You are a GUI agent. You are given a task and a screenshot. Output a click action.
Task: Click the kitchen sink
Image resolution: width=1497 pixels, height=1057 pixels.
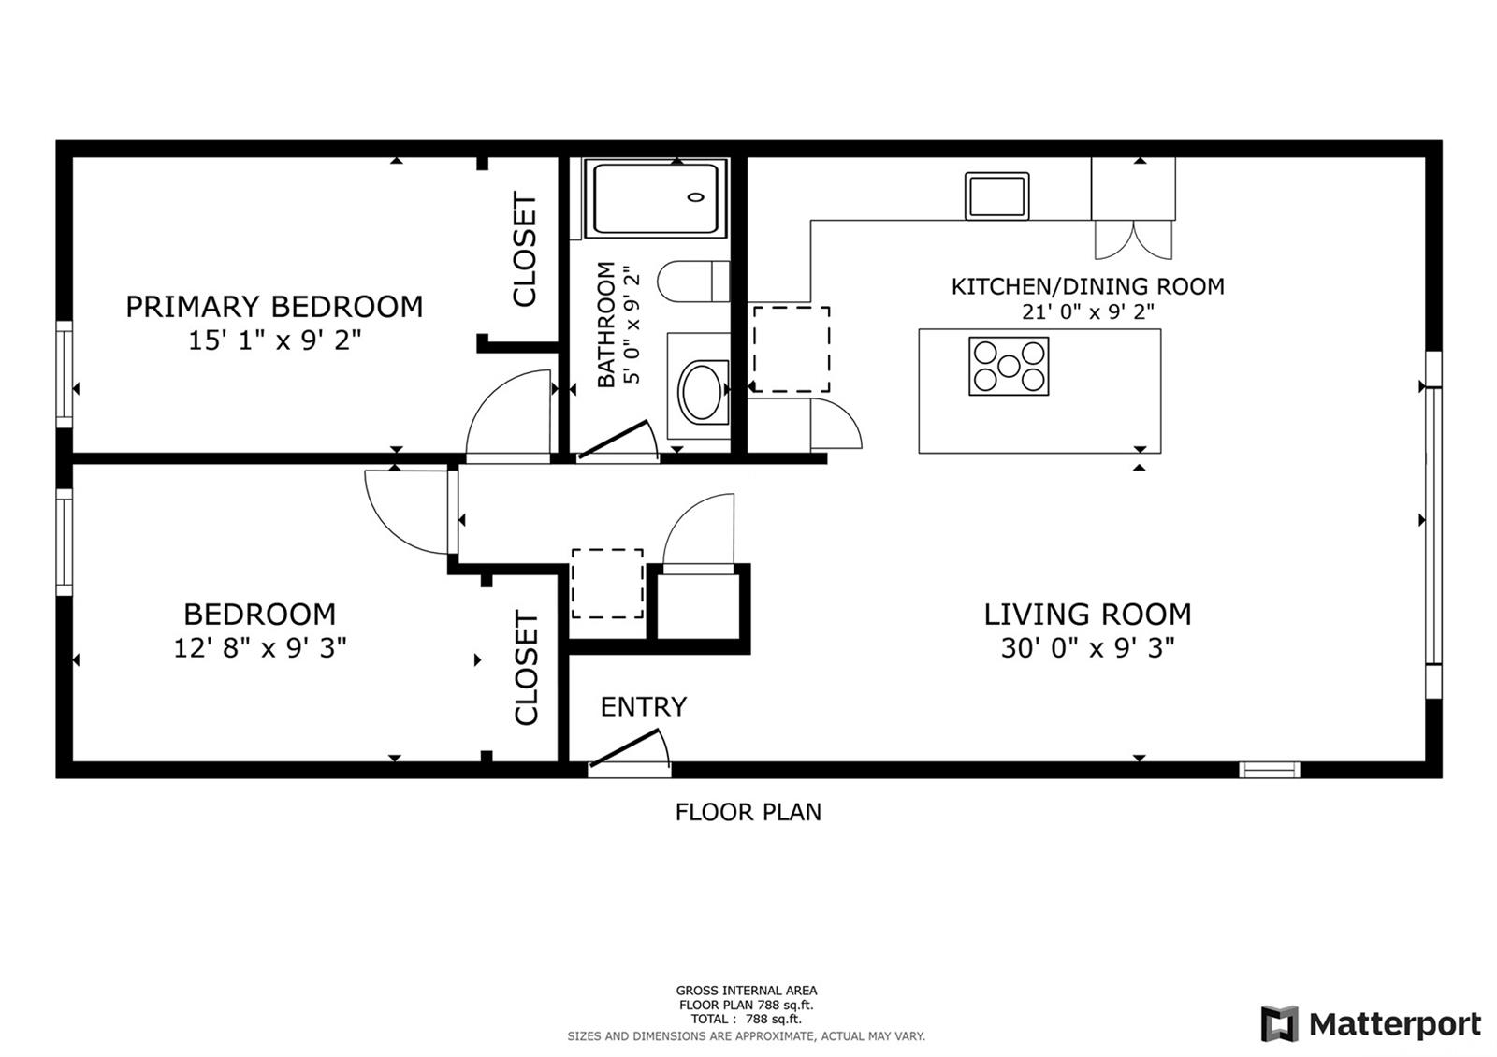click(x=996, y=195)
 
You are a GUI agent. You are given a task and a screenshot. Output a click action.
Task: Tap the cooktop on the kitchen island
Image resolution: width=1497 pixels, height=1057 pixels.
click(x=1009, y=366)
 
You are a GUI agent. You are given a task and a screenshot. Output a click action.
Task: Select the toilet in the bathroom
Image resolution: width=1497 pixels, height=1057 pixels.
click(x=693, y=282)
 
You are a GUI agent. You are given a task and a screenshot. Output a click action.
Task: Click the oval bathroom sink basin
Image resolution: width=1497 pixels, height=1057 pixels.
click(x=702, y=392)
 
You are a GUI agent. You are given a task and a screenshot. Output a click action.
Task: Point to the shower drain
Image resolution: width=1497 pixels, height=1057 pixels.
click(x=696, y=197)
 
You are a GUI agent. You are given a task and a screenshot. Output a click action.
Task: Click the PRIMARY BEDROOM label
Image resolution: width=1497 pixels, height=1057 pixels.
click(x=274, y=307)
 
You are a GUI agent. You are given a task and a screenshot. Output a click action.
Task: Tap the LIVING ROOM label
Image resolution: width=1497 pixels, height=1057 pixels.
click(x=1087, y=614)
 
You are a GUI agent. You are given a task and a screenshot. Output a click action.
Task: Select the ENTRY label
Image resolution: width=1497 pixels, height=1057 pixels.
click(x=644, y=706)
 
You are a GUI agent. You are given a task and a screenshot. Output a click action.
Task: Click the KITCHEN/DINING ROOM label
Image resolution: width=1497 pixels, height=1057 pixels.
click(x=1087, y=286)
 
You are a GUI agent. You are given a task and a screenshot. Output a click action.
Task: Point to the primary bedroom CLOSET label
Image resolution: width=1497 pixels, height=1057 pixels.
click(x=525, y=249)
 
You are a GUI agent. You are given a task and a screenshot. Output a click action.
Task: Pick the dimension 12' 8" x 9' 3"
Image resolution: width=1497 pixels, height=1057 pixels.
click(x=260, y=647)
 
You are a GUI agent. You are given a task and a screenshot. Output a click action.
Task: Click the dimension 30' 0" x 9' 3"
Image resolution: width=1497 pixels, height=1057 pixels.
click(x=1087, y=647)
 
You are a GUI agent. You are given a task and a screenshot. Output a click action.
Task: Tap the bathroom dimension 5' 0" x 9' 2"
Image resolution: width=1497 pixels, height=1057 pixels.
click(x=632, y=325)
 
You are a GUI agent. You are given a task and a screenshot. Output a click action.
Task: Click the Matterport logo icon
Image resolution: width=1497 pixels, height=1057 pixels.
click(x=1279, y=1023)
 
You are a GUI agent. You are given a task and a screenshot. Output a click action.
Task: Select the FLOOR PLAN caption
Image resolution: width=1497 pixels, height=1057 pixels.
click(x=748, y=812)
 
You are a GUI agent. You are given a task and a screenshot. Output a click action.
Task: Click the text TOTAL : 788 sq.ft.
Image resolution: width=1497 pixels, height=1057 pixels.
click(x=746, y=1019)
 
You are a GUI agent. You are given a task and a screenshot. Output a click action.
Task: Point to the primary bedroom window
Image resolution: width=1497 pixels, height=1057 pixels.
click(x=65, y=373)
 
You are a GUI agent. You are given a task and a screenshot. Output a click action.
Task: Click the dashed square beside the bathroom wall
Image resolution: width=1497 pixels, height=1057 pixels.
click(x=792, y=350)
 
